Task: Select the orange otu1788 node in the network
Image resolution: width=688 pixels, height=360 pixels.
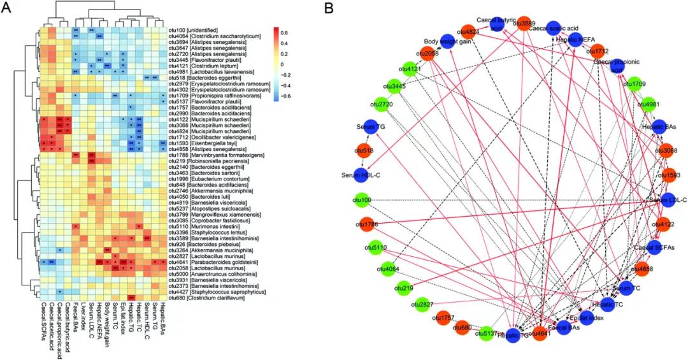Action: (x=366, y=224)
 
